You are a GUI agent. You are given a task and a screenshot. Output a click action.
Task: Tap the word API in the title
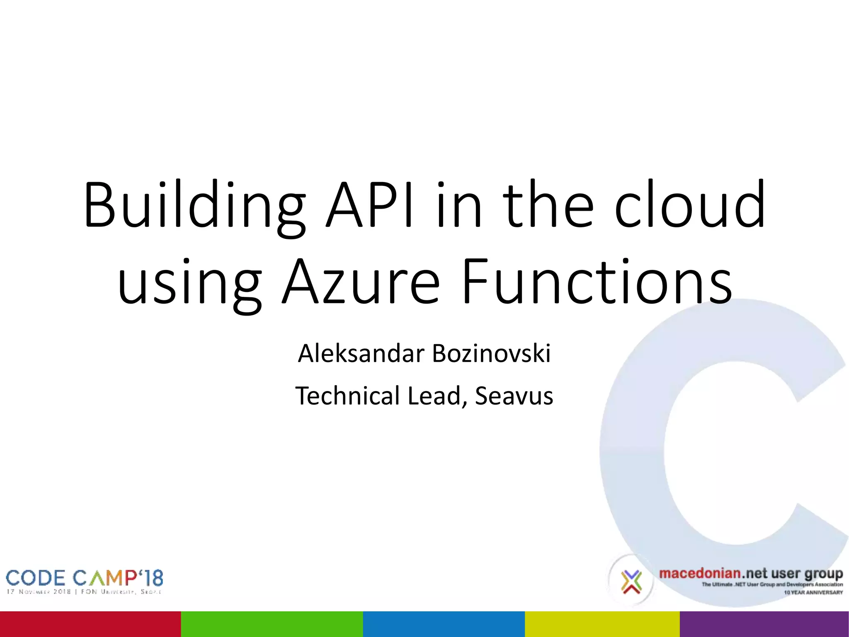coord(369,205)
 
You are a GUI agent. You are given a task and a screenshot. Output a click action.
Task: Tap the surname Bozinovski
coord(491,354)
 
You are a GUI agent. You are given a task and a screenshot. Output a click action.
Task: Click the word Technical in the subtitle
coord(348,396)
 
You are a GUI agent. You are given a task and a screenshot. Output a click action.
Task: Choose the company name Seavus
coord(514,396)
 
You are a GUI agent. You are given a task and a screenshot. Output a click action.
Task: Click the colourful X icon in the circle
coord(631,581)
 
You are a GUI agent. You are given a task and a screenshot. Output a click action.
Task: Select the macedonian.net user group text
coord(751,574)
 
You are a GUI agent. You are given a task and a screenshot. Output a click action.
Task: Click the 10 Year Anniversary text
coord(813,592)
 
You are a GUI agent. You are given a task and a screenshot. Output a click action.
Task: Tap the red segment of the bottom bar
coord(90,624)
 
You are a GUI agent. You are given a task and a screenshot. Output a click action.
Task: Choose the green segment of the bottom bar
coord(272,624)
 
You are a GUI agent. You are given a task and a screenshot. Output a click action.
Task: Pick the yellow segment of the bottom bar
coord(602,624)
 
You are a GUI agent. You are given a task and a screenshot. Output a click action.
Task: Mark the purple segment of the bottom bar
coord(764,624)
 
